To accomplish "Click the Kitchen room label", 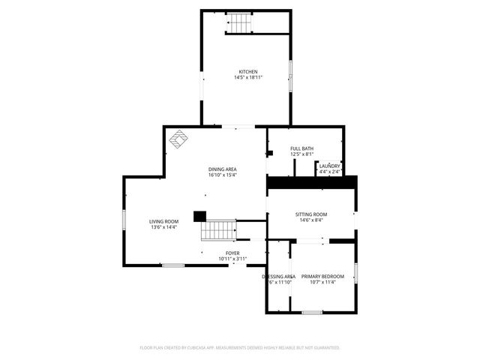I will pos(248,72).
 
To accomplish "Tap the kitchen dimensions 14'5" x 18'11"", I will pos(248,77).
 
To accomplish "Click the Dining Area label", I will pos(223,169).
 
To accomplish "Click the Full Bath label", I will pos(302,148).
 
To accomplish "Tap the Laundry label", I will pos(329,166).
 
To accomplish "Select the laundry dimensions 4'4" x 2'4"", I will pos(329,172).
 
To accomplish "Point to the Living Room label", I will pos(163,221).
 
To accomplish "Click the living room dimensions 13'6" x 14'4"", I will pos(163,227).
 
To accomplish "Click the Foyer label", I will pos(233,253).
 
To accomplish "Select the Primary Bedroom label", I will pos(322,277).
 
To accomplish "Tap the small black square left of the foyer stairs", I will pos(199,216).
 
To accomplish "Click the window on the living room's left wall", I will pos(124,222).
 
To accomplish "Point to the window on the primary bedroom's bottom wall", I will pos(312,312).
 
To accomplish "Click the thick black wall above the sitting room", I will pos(312,182).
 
